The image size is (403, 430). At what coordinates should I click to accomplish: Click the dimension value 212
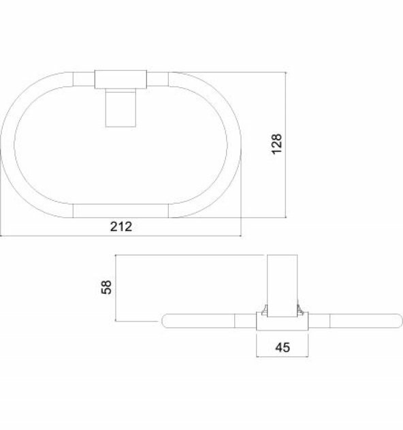pyautogui.click(x=121, y=226)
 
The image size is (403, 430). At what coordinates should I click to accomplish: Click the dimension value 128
pyautogui.click(x=276, y=144)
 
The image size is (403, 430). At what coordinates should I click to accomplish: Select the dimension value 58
pyautogui.click(x=107, y=287)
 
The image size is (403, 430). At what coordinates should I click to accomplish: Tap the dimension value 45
pyautogui.click(x=283, y=348)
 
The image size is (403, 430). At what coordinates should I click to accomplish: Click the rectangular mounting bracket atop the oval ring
pyautogui.click(x=120, y=80)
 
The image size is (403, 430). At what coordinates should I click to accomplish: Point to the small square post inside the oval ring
pyautogui.click(x=120, y=108)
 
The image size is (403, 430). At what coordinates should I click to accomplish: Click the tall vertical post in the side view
pyautogui.click(x=282, y=286)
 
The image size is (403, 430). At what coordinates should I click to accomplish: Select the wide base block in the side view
pyautogui.click(x=283, y=321)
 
